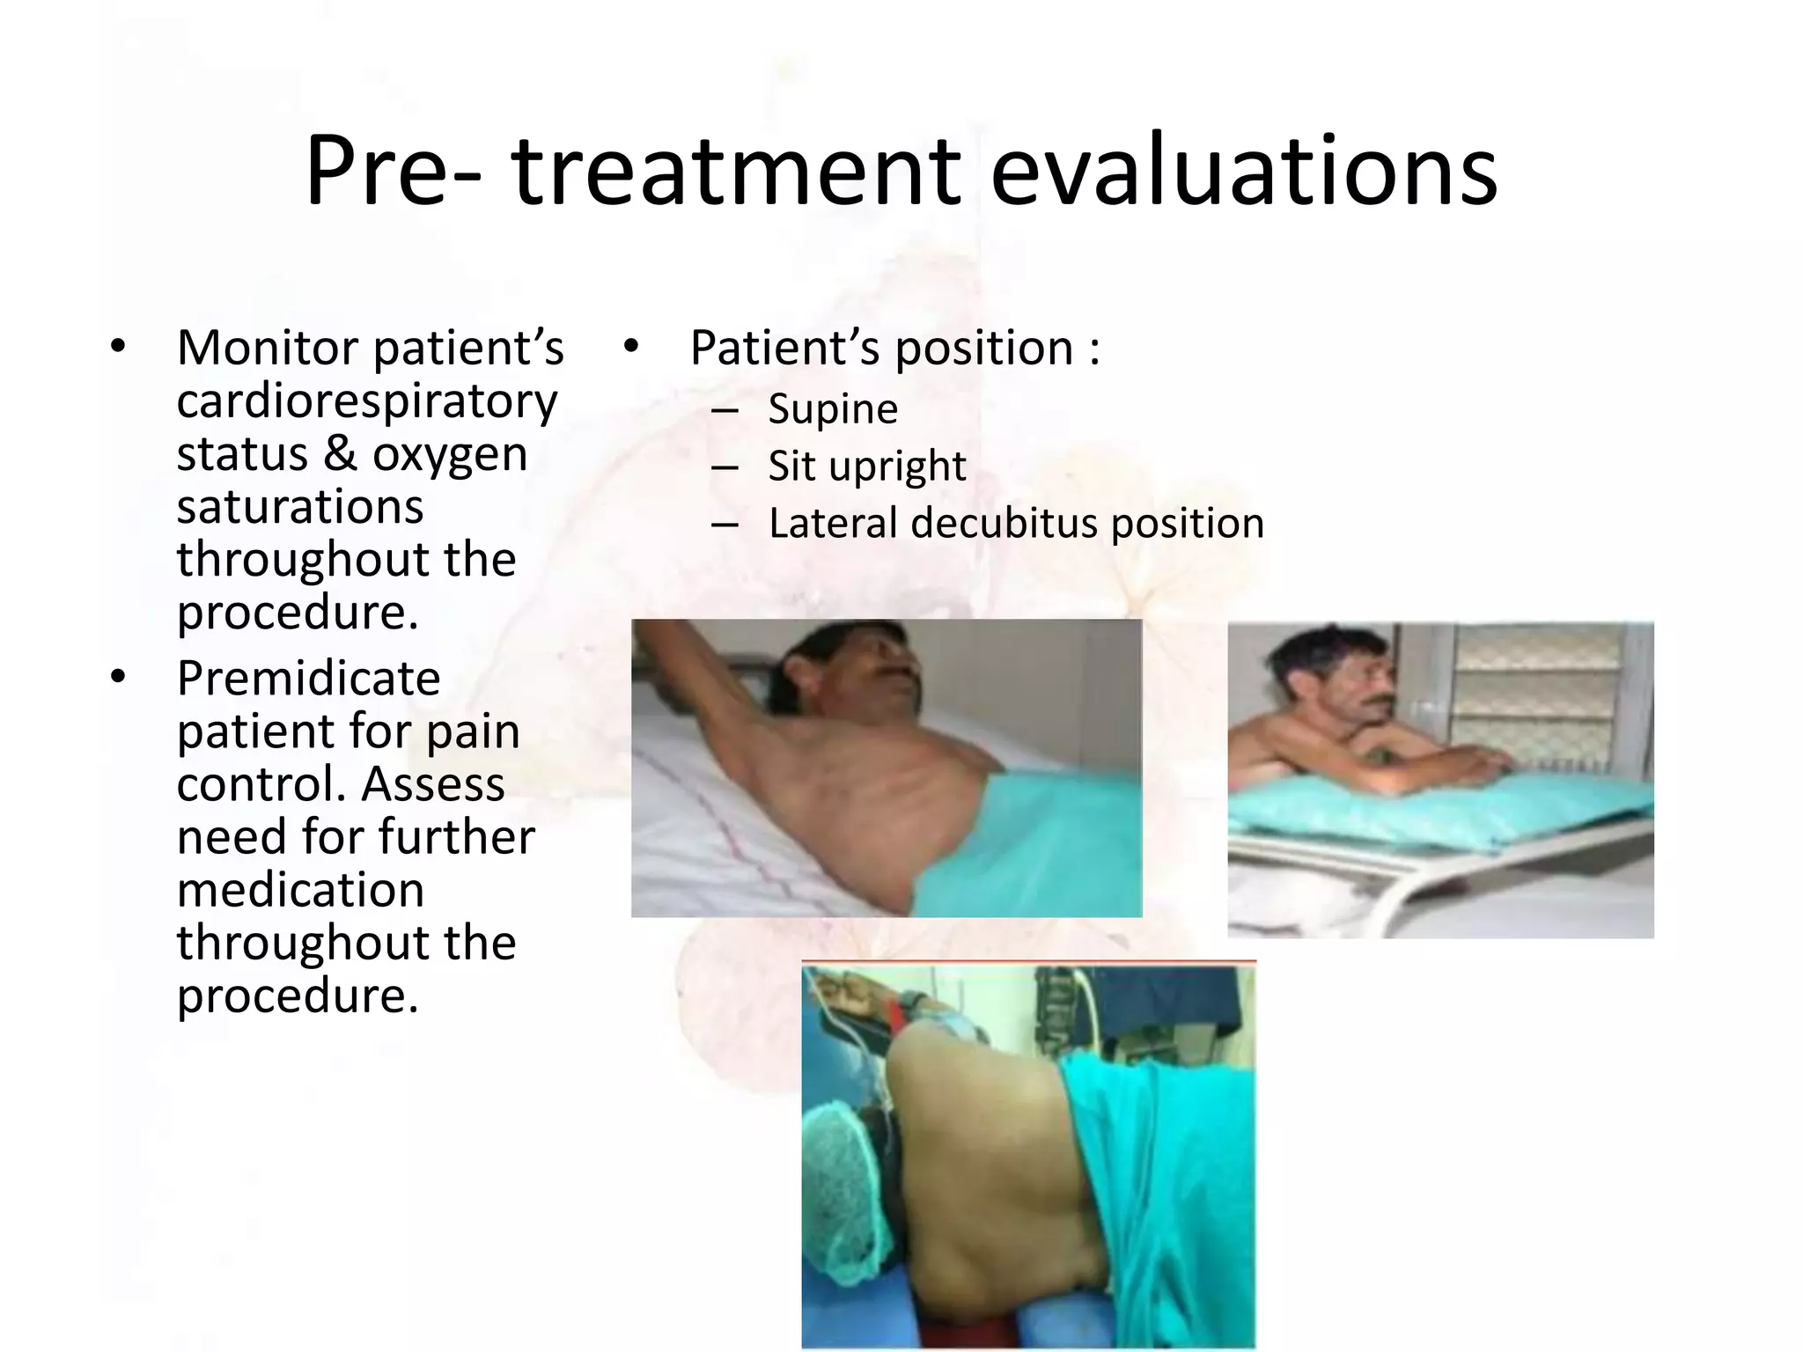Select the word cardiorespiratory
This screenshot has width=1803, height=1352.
click(366, 402)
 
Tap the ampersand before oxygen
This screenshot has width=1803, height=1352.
click(340, 455)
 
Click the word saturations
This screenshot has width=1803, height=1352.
click(300, 508)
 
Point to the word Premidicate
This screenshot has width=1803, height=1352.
click(308, 679)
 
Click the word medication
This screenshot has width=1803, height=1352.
click(300, 890)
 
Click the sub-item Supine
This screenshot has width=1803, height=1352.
click(832, 409)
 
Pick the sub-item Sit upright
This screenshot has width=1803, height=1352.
click(866, 467)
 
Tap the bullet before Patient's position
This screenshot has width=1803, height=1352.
click(630, 347)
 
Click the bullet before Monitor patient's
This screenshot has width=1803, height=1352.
click(118, 347)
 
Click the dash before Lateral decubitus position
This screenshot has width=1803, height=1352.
click(725, 525)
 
